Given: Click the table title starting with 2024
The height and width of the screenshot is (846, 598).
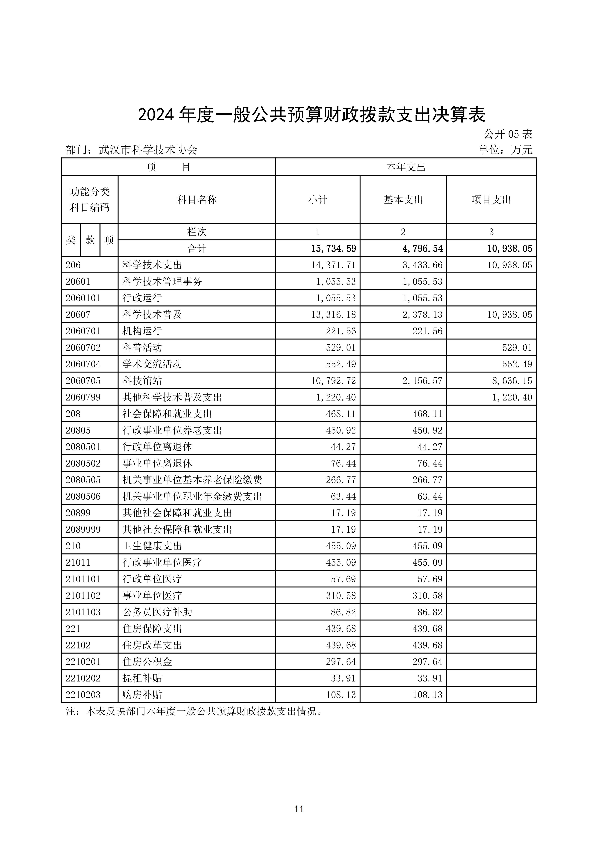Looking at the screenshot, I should pyautogui.click(x=312, y=115).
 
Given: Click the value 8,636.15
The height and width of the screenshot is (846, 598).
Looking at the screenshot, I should pyautogui.click(x=512, y=381).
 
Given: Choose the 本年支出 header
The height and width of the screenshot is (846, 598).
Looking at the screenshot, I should pyautogui.click(x=406, y=167).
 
